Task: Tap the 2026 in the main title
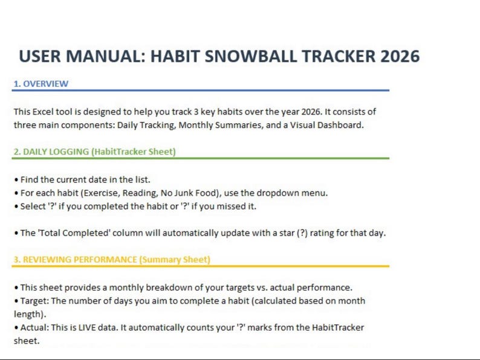click(x=394, y=56)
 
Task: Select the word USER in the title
click(x=43, y=56)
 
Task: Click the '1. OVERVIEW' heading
click(x=41, y=83)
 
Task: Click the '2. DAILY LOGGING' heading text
click(x=94, y=152)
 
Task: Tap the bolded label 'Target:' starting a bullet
click(x=34, y=300)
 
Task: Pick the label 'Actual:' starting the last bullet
click(x=34, y=327)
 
